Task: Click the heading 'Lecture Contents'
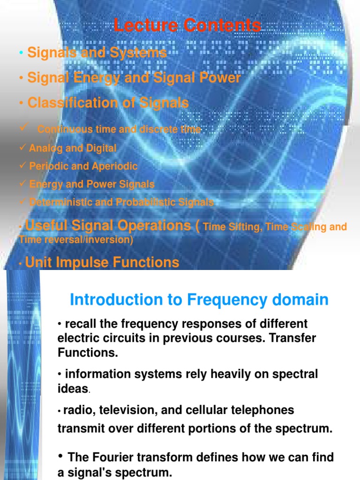click(187, 25)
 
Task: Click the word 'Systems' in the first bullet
click(139, 53)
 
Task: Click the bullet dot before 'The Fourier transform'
click(61, 456)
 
